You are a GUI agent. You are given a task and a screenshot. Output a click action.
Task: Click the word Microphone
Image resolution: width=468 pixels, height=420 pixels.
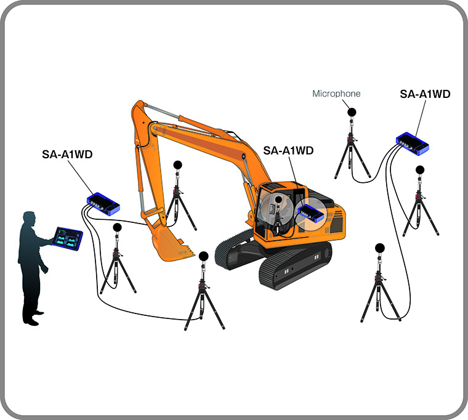pos(336,94)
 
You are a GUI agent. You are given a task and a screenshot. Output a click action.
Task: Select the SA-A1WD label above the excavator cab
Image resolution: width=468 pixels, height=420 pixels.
pos(288,150)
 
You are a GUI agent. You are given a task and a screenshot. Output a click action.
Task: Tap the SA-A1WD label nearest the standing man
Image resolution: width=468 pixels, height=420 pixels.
pos(67,155)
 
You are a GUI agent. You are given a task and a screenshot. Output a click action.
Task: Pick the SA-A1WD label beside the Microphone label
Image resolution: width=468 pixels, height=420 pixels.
pos(425,94)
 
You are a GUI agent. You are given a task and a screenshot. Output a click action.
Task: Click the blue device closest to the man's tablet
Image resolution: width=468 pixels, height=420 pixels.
pos(103,204)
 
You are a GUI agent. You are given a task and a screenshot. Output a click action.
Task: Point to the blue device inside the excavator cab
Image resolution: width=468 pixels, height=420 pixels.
pos(311,214)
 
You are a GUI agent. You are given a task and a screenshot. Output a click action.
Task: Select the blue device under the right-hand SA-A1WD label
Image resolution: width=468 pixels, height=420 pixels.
pos(413,143)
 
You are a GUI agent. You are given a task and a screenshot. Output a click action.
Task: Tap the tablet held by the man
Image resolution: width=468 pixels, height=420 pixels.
pos(68,238)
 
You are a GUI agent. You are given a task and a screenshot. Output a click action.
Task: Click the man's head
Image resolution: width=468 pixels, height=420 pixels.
pos(30,220)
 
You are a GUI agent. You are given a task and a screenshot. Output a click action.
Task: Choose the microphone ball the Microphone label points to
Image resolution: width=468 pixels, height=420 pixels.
pos(352,112)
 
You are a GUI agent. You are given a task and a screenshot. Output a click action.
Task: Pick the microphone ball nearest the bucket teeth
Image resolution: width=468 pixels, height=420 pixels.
pos(204,256)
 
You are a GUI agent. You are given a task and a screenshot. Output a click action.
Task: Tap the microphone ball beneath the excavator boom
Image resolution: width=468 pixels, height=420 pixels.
pos(177,165)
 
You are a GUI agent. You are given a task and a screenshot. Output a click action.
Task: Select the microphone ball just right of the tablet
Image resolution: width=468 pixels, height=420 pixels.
pos(117,227)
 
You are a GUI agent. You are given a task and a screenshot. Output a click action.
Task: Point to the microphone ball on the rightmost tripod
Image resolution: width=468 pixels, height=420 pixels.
pos(420,170)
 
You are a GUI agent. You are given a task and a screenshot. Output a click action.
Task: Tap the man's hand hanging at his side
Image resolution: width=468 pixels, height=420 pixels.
pos(45,270)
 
